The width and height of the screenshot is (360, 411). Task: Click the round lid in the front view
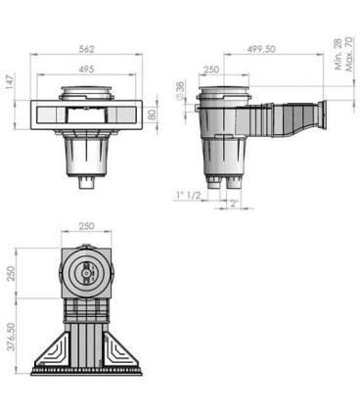tap(89, 94)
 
